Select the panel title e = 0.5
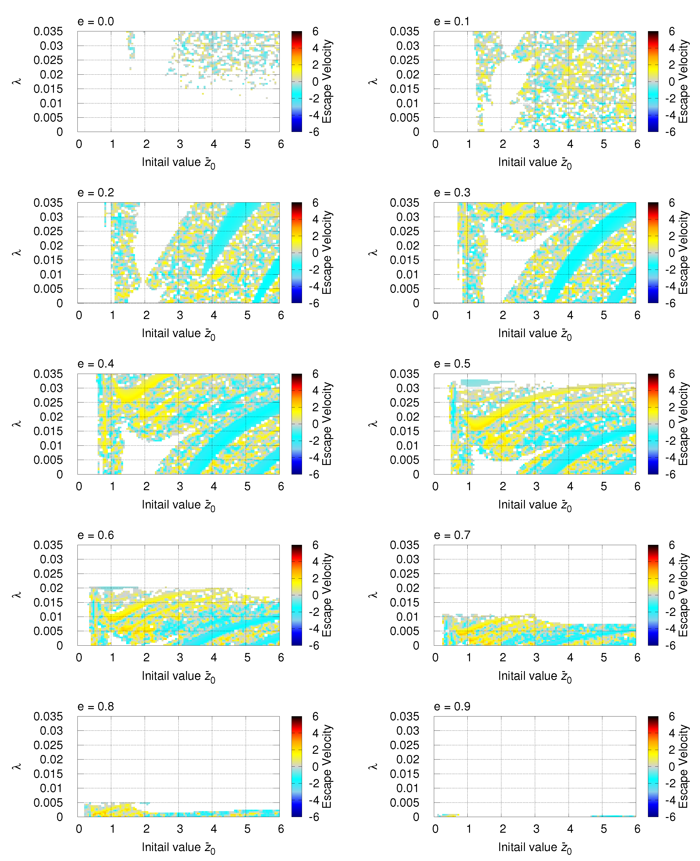pos(452,364)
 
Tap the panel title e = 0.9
pos(452,706)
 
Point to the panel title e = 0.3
pos(452,193)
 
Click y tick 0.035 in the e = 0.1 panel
pos(404,31)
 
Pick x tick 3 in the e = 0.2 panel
pos(180,315)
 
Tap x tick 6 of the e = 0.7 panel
pos(637,658)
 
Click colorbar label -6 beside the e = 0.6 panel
pos(314,646)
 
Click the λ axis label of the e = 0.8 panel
pos(16,766)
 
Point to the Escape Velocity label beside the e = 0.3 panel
pos(683,252)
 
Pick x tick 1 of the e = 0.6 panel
pos(112,658)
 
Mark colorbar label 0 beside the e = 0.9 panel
pos(672,767)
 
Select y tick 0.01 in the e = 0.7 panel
pos(408,617)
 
